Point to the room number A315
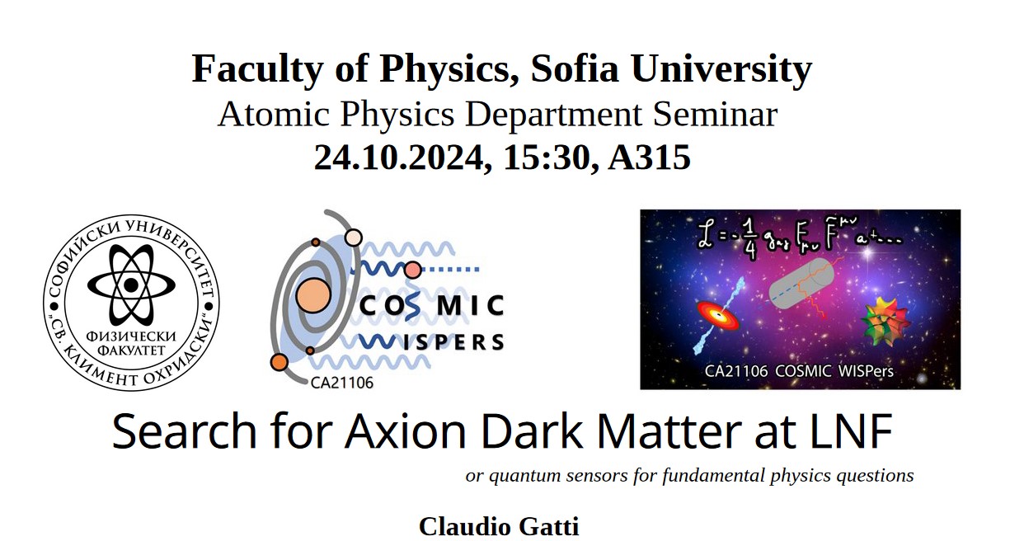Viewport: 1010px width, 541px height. coord(650,158)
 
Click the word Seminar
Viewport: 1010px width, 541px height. coord(715,114)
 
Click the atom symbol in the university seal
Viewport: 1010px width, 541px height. coord(131,285)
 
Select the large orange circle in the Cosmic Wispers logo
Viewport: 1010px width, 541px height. coord(312,296)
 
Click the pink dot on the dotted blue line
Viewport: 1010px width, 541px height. coord(412,270)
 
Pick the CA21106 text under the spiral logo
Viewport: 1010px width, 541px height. coord(342,383)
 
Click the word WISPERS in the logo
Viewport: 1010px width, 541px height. coord(431,342)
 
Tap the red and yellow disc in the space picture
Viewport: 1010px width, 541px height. coord(718,316)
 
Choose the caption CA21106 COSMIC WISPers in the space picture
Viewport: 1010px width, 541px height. coord(799,371)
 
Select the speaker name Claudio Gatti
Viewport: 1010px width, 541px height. coord(499,527)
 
